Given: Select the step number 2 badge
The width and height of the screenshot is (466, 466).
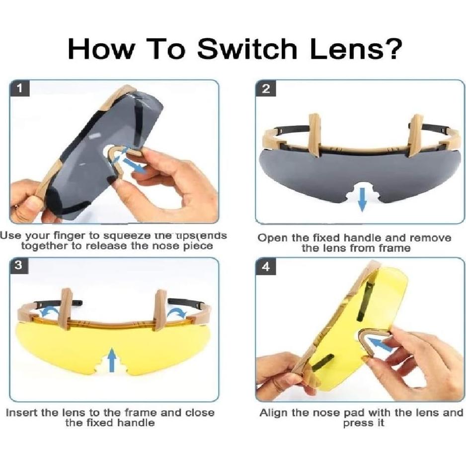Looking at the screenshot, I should point(266,89).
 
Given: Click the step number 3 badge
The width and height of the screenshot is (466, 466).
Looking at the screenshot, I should point(18,265).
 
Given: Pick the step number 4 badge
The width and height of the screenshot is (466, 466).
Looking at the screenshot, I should point(266,267).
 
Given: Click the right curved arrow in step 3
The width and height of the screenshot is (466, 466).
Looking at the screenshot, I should point(176,312).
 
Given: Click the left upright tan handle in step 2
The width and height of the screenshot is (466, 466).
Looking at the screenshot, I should point(314,135).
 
